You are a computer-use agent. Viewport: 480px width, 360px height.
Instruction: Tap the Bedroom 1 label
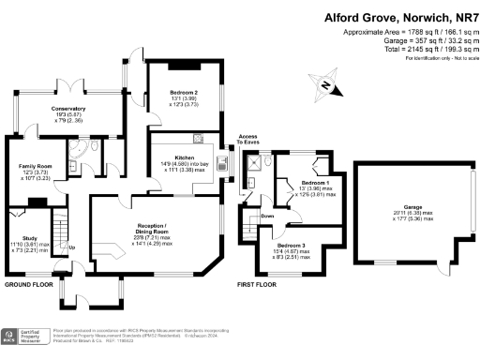pos(314,184)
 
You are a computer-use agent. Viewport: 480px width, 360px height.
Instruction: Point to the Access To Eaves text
pos(247,141)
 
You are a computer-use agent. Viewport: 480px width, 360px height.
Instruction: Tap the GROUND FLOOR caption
pos(34,284)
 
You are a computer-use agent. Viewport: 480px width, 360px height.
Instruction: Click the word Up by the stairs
pos(71,247)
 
